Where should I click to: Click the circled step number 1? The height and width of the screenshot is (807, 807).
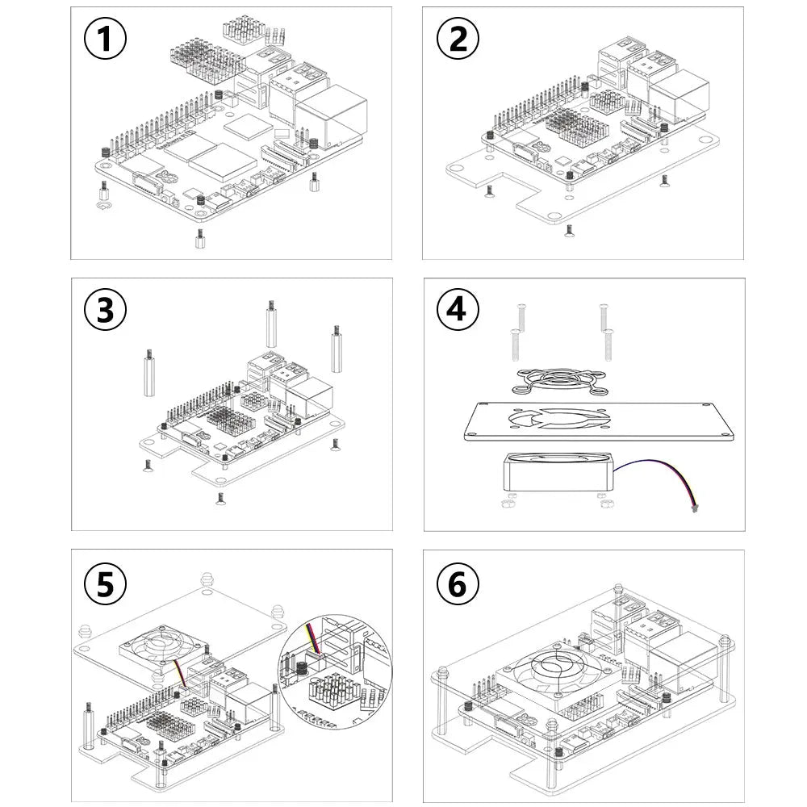tap(105, 39)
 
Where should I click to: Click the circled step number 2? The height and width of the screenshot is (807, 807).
tap(458, 39)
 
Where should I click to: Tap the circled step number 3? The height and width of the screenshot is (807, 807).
tap(105, 310)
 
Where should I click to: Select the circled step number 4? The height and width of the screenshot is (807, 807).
tap(458, 310)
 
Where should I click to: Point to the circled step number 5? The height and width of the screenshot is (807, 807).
tap(105, 584)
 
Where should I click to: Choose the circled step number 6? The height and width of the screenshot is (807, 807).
tap(458, 584)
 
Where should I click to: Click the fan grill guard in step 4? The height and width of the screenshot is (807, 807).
tap(559, 382)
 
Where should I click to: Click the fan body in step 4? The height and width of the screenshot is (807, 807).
tap(558, 471)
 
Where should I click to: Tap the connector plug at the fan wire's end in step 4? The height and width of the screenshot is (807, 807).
tap(694, 510)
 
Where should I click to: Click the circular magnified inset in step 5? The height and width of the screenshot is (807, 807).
tap(335, 671)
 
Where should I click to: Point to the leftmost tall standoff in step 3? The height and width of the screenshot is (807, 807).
tap(148, 373)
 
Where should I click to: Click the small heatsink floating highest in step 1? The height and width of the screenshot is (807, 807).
tap(240, 29)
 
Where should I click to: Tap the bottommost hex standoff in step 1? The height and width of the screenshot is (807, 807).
tap(199, 240)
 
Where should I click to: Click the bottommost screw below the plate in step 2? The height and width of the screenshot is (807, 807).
tap(569, 231)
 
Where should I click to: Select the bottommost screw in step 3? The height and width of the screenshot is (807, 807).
tap(221, 499)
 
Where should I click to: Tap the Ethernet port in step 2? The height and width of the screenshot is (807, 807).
tap(679, 93)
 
